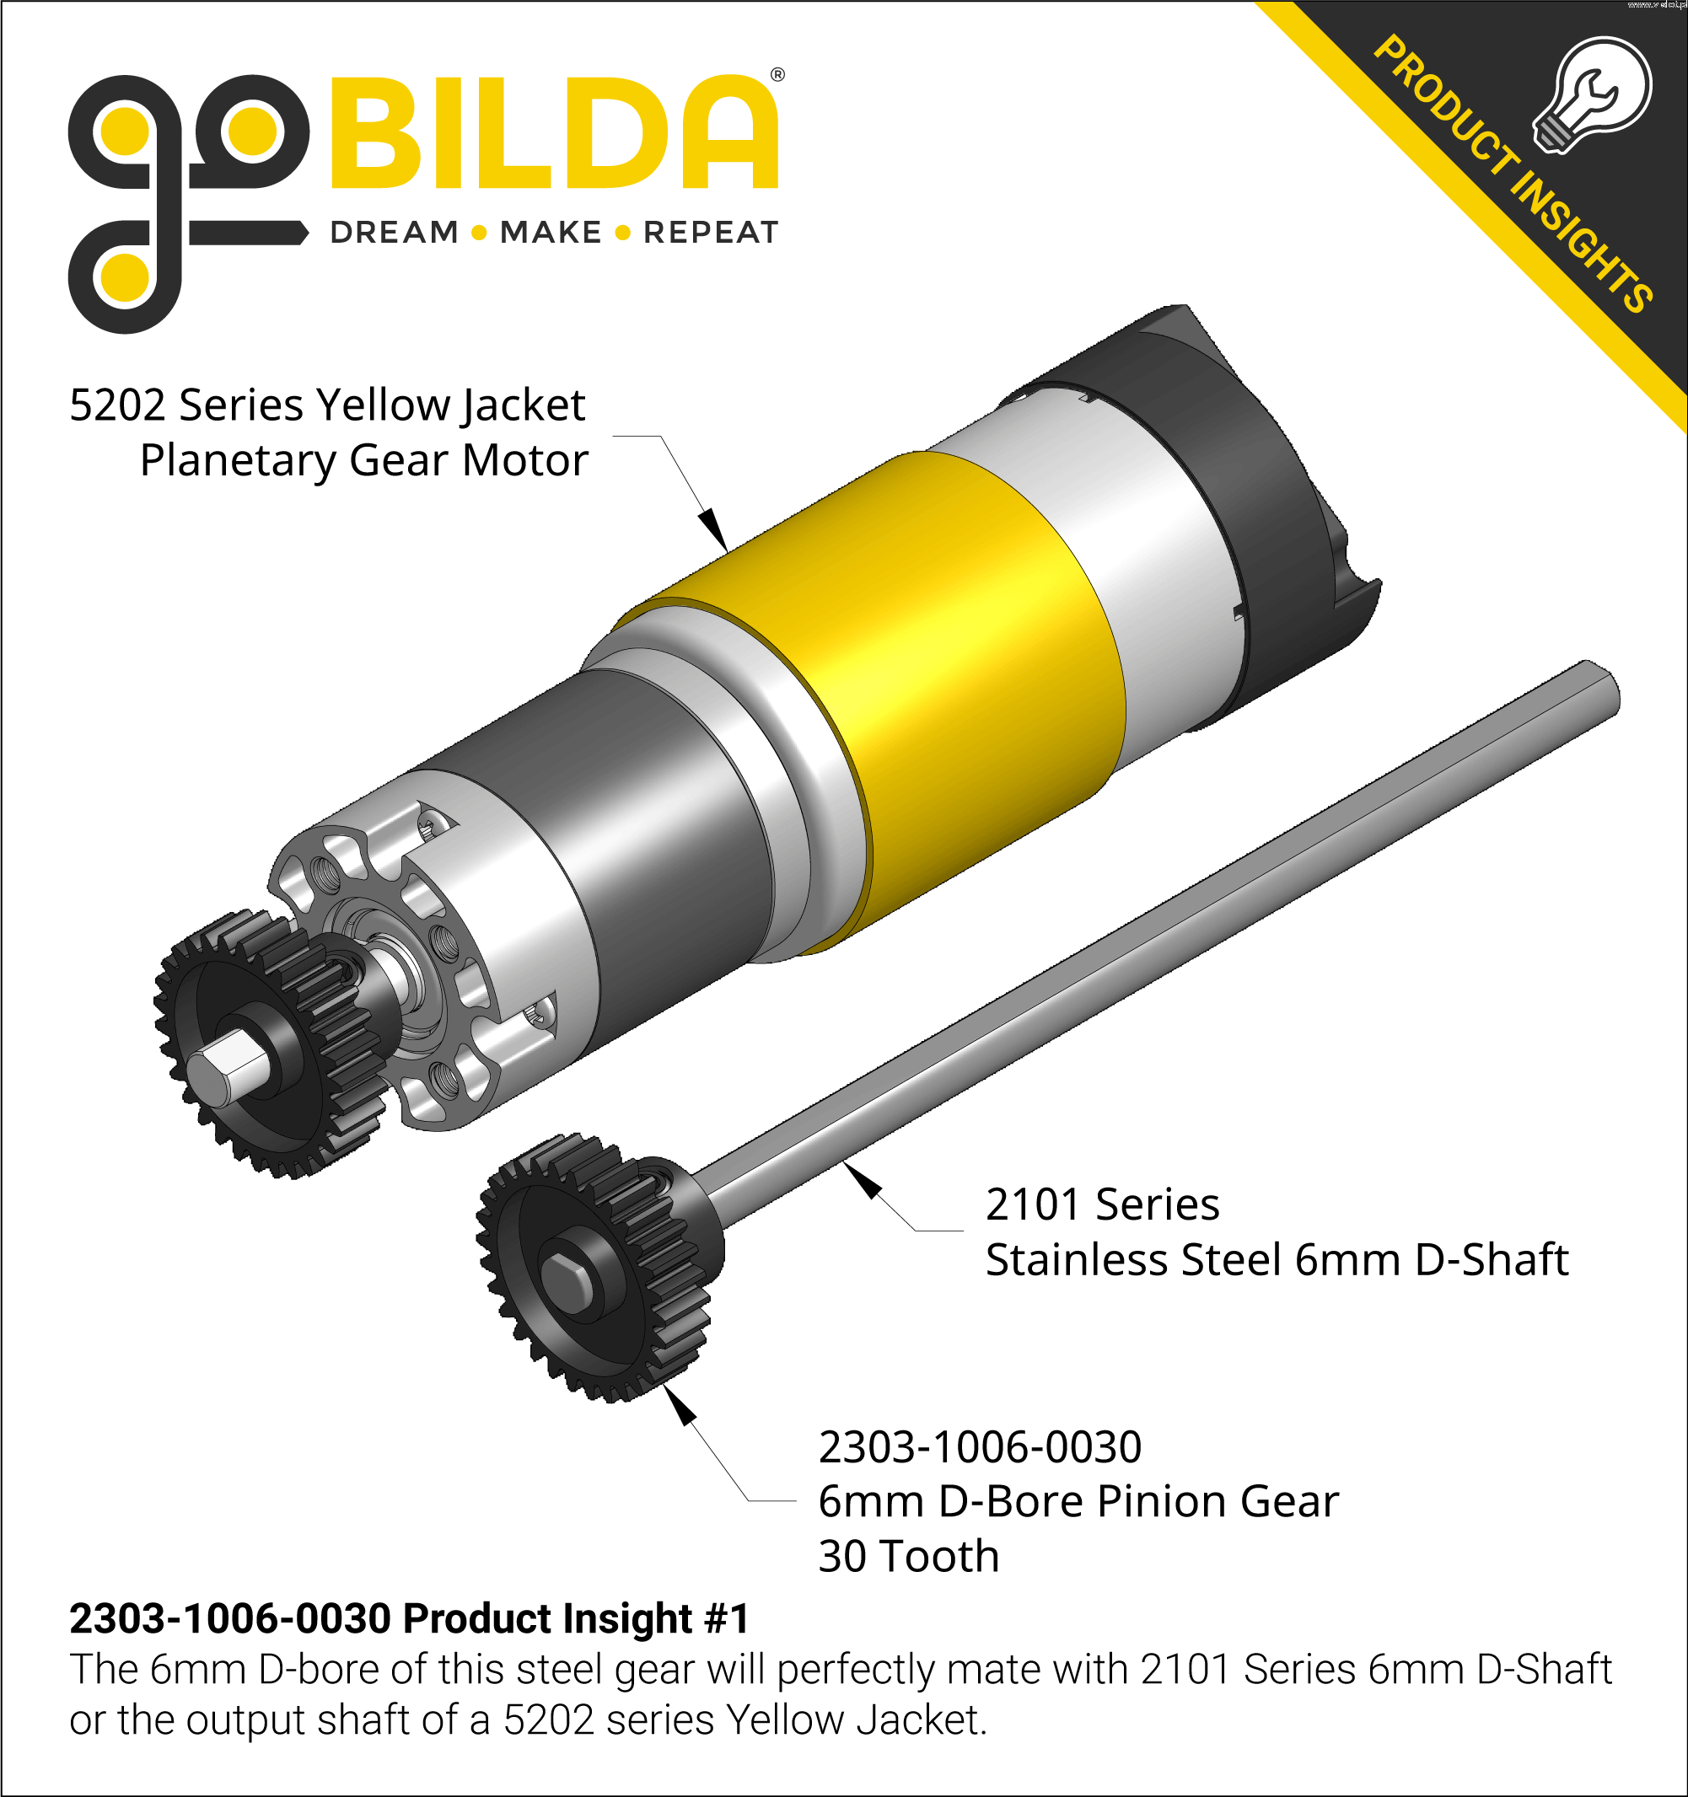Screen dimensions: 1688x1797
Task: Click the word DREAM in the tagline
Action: [395, 233]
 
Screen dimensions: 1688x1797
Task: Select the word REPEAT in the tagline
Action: [711, 233]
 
